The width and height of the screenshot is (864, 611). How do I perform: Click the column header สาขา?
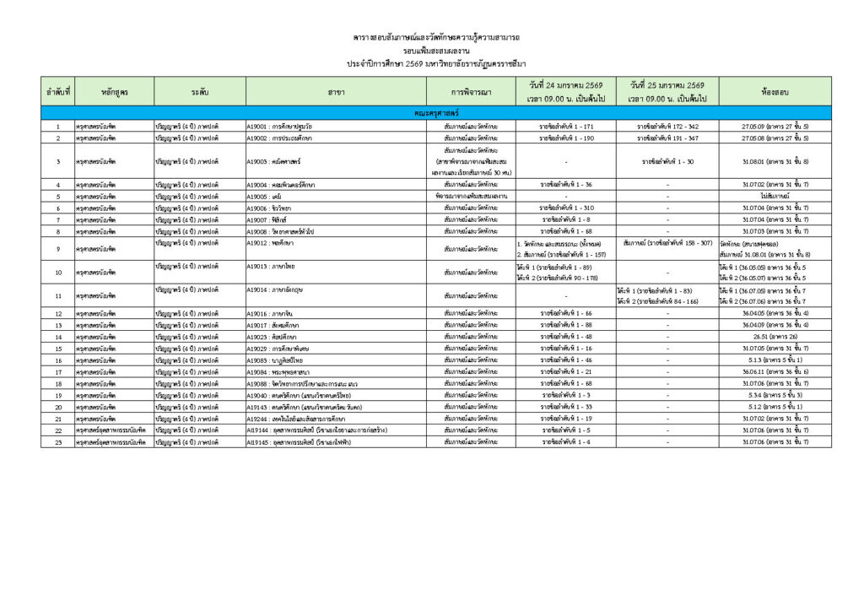[x=336, y=89]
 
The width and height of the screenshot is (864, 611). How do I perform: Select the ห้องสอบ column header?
[x=775, y=89]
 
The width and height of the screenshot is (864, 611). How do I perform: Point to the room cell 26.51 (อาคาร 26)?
[x=775, y=337]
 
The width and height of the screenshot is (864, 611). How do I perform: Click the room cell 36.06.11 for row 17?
[x=775, y=371]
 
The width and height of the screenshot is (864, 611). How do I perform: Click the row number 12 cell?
[x=58, y=313]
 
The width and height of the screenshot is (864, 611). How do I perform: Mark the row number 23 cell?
[x=58, y=441]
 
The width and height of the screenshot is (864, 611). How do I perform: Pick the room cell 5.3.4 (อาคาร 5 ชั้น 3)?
[x=775, y=395]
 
